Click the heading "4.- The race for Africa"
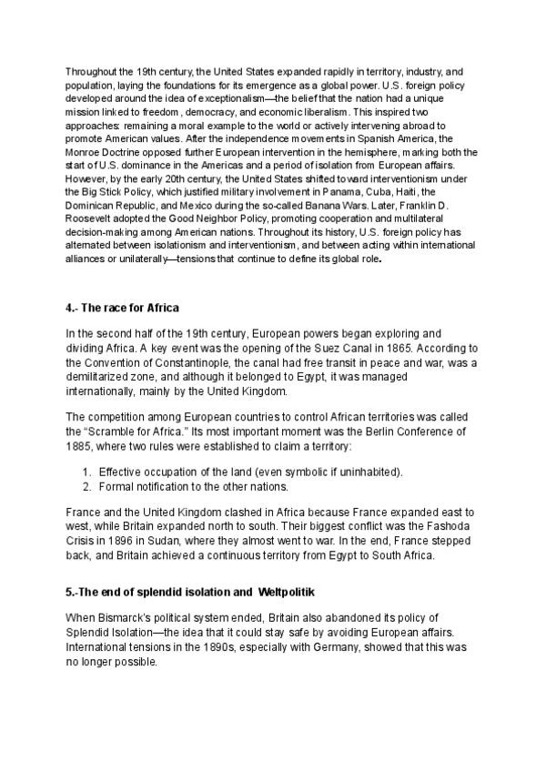[x=121, y=307]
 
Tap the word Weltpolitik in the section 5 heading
[x=290, y=593]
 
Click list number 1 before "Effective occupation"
[x=86, y=472]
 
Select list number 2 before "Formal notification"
[x=86, y=487]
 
